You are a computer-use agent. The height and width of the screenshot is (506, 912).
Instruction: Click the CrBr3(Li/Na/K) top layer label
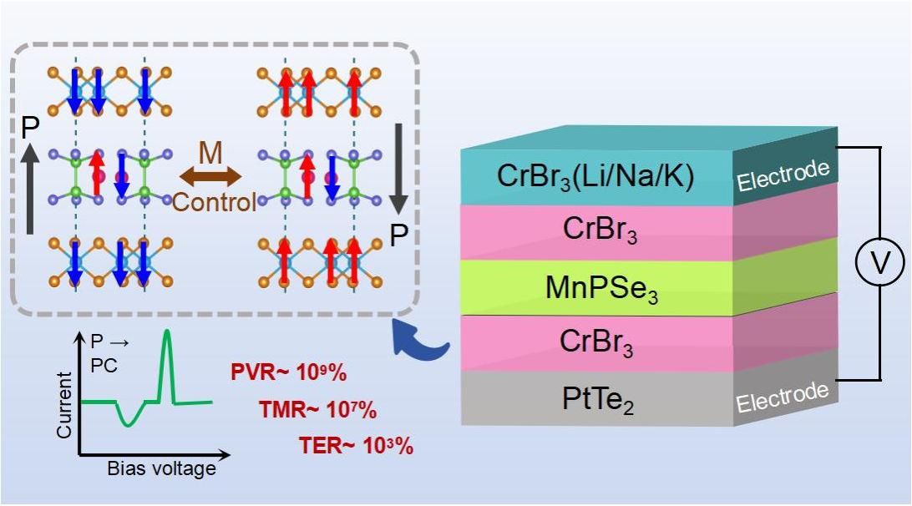(x=595, y=176)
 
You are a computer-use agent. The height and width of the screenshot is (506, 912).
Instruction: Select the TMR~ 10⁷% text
(x=318, y=410)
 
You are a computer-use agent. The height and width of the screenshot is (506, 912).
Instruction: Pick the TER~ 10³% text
(x=356, y=446)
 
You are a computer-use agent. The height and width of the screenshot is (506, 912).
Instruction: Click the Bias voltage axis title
(x=161, y=468)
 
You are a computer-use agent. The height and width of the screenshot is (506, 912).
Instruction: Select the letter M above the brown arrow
(x=211, y=152)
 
